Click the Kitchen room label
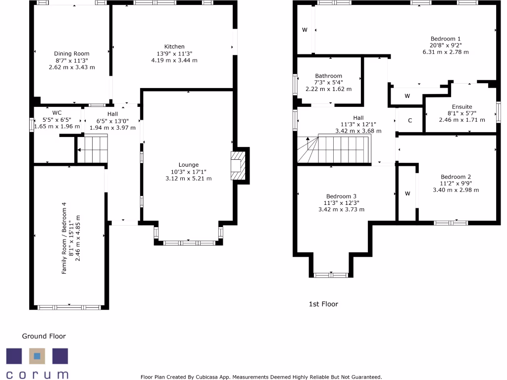tap(174, 47)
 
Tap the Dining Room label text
tap(72, 53)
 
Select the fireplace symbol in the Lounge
tap(238, 166)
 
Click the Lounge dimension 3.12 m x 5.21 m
tap(189, 178)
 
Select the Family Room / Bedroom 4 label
tap(64, 238)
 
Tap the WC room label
tap(56, 113)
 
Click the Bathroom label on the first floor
tap(328, 76)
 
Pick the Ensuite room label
tap(461, 107)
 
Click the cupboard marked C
tap(409, 121)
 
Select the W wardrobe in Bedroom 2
tap(407, 193)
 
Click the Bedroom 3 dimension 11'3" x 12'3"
tap(341, 203)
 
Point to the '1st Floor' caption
tap(323, 304)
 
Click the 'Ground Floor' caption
tap(44, 336)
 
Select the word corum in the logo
tap(37, 374)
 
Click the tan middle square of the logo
tap(37, 356)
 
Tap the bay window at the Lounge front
tap(189, 242)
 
